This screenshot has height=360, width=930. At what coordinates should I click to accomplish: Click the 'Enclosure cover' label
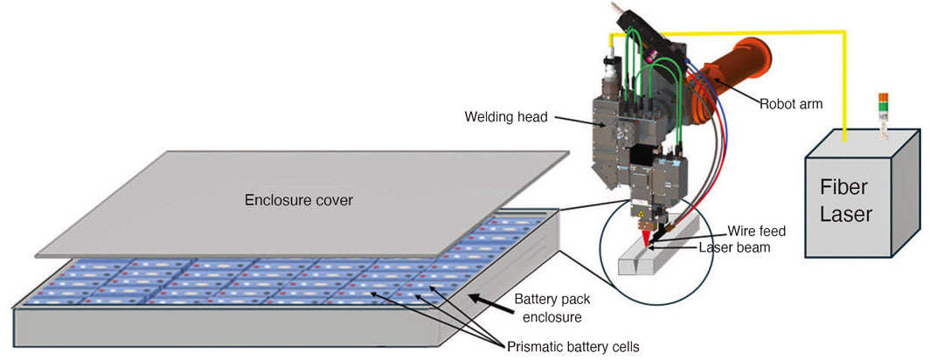point(299,200)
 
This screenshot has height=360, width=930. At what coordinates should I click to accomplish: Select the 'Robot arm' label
point(791,104)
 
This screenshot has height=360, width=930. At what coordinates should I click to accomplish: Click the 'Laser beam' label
point(735,247)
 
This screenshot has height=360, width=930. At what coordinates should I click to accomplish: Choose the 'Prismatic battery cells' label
point(573,347)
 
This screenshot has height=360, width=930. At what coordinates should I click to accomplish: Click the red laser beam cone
point(645,239)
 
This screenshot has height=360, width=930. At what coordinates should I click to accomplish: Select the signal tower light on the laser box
point(883,115)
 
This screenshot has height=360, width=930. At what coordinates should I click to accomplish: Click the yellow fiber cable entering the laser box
point(844,89)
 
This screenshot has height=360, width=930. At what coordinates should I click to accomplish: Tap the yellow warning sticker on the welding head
point(641,211)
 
